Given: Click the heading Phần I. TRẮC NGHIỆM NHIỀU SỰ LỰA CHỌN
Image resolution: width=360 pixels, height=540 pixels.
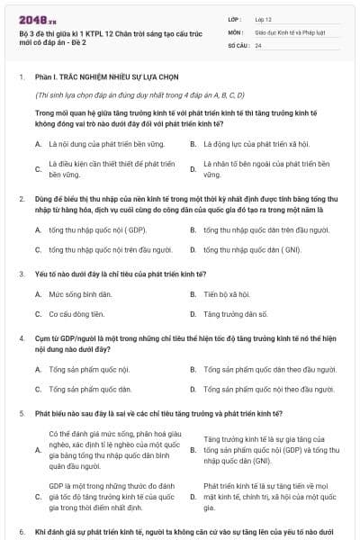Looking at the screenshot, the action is coord(94,77).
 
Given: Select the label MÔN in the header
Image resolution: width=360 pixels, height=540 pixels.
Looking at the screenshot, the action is coord(237,31).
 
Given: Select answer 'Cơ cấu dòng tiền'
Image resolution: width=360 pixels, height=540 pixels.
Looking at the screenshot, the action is coord(76,314).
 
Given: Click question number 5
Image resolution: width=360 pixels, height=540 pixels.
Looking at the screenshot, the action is coord(21,412).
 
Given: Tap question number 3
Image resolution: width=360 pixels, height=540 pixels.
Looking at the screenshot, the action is coord(21,273).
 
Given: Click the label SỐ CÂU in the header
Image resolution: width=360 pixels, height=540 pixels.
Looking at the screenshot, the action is coord(239,44).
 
